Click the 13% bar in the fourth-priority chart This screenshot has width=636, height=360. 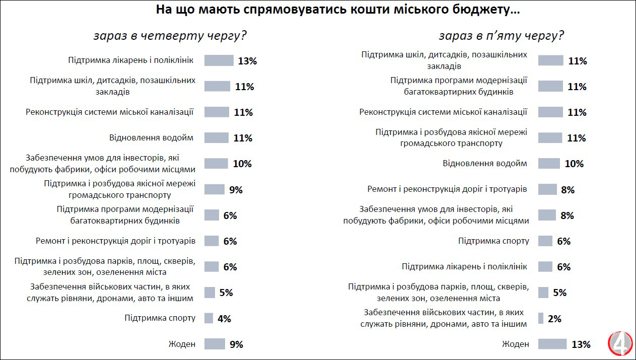click(x=219, y=60)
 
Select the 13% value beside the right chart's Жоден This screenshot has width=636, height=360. click(x=581, y=344)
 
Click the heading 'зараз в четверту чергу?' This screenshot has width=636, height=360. click(x=170, y=36)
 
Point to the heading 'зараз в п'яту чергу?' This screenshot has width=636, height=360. click(x=501, y=36)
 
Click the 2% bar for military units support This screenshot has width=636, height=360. click(x=540, y=318)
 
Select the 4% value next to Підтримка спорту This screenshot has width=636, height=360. click(x=224, y=318)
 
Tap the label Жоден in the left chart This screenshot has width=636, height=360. click(x=182, y=344)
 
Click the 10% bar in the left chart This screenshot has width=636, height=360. click(x=216, y=164)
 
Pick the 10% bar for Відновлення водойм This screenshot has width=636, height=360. click(x=549, y=164)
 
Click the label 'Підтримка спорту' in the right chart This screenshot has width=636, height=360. click(x=493, y=241)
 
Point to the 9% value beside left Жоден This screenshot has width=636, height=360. click(x=236, y=344)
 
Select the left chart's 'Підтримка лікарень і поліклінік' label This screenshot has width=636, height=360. click(x=130, y=60)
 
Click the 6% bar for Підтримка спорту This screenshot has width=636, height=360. click(x=545, y=241)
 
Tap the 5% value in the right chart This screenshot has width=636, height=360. click(x=559, y=293)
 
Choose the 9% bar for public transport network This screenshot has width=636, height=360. click(x=215, y=189)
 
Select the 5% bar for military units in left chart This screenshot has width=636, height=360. click(x=209, y=293)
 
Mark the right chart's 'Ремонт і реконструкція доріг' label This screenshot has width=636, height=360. click(x=447, y=189)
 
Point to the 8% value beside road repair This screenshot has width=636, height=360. click(x=567, y=190)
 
